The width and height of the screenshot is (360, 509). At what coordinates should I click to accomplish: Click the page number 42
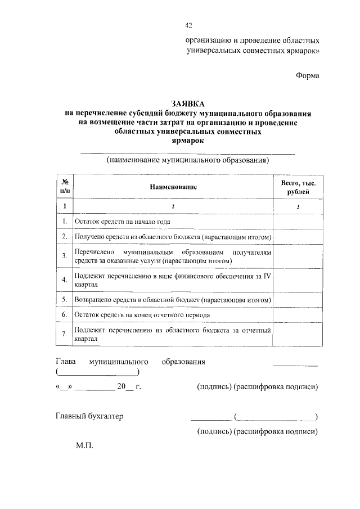pyautogui.click(x=188, y=25)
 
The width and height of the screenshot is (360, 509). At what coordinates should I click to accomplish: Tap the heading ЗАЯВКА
pyautogui.click(x=188, y=103)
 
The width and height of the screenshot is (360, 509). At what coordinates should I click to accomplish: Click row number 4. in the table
pyautogui.click(x=65, y=280)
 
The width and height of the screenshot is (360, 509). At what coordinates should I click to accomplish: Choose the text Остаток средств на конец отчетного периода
pyautogui.click(x=142, y=314)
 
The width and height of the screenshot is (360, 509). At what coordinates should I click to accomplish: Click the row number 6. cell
pyautogui.click(x=65, y=314)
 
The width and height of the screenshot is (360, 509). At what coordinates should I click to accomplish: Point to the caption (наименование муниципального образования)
pyautogui.click(x=188, y=160)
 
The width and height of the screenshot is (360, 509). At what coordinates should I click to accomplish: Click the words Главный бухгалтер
pyautogui.click(x=89, y=417)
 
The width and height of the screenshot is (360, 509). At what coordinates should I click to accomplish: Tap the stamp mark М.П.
pyautogui.click(x=84, y=446)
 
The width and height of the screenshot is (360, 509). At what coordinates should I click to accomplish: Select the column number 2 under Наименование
pyautogui.click(x=173, y=207)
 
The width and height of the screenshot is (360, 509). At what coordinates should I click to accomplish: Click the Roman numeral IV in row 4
pyautogui.click(x=268, y=276)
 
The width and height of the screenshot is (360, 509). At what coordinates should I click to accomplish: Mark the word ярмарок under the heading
pyautogui.click(x=188, y=141)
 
